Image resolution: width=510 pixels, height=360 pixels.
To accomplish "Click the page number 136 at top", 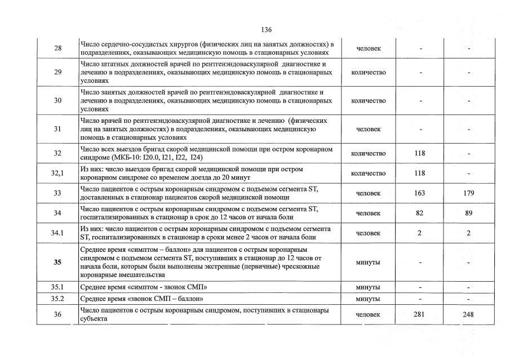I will [267, 29].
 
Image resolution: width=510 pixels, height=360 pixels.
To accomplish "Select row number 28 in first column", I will [58, 48].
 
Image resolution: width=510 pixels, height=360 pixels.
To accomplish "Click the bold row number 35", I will [58, 262].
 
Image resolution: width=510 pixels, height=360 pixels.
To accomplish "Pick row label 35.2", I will [58, 298].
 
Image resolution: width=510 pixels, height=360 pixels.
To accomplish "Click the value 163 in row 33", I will [419, 193].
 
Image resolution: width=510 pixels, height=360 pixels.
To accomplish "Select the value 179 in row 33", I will [468, 193].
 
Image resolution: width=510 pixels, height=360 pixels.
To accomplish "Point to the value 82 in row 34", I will [419, 213].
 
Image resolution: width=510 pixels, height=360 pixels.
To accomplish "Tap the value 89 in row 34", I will [468, 213].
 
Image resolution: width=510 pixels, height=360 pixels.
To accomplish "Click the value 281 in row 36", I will [419, 314].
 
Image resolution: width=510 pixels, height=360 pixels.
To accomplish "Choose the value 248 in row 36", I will [468, 314].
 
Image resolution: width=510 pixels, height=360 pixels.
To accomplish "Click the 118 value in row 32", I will [419, 153].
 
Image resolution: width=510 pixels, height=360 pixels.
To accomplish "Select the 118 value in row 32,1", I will [419, 174].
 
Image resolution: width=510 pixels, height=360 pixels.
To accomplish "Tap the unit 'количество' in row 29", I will [369, 73].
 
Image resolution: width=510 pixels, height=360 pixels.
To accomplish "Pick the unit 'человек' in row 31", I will [369, 129].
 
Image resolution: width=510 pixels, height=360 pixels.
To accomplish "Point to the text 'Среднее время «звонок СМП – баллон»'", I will [142, 298].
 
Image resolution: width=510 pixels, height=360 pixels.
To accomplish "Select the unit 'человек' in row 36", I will [369, 314].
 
